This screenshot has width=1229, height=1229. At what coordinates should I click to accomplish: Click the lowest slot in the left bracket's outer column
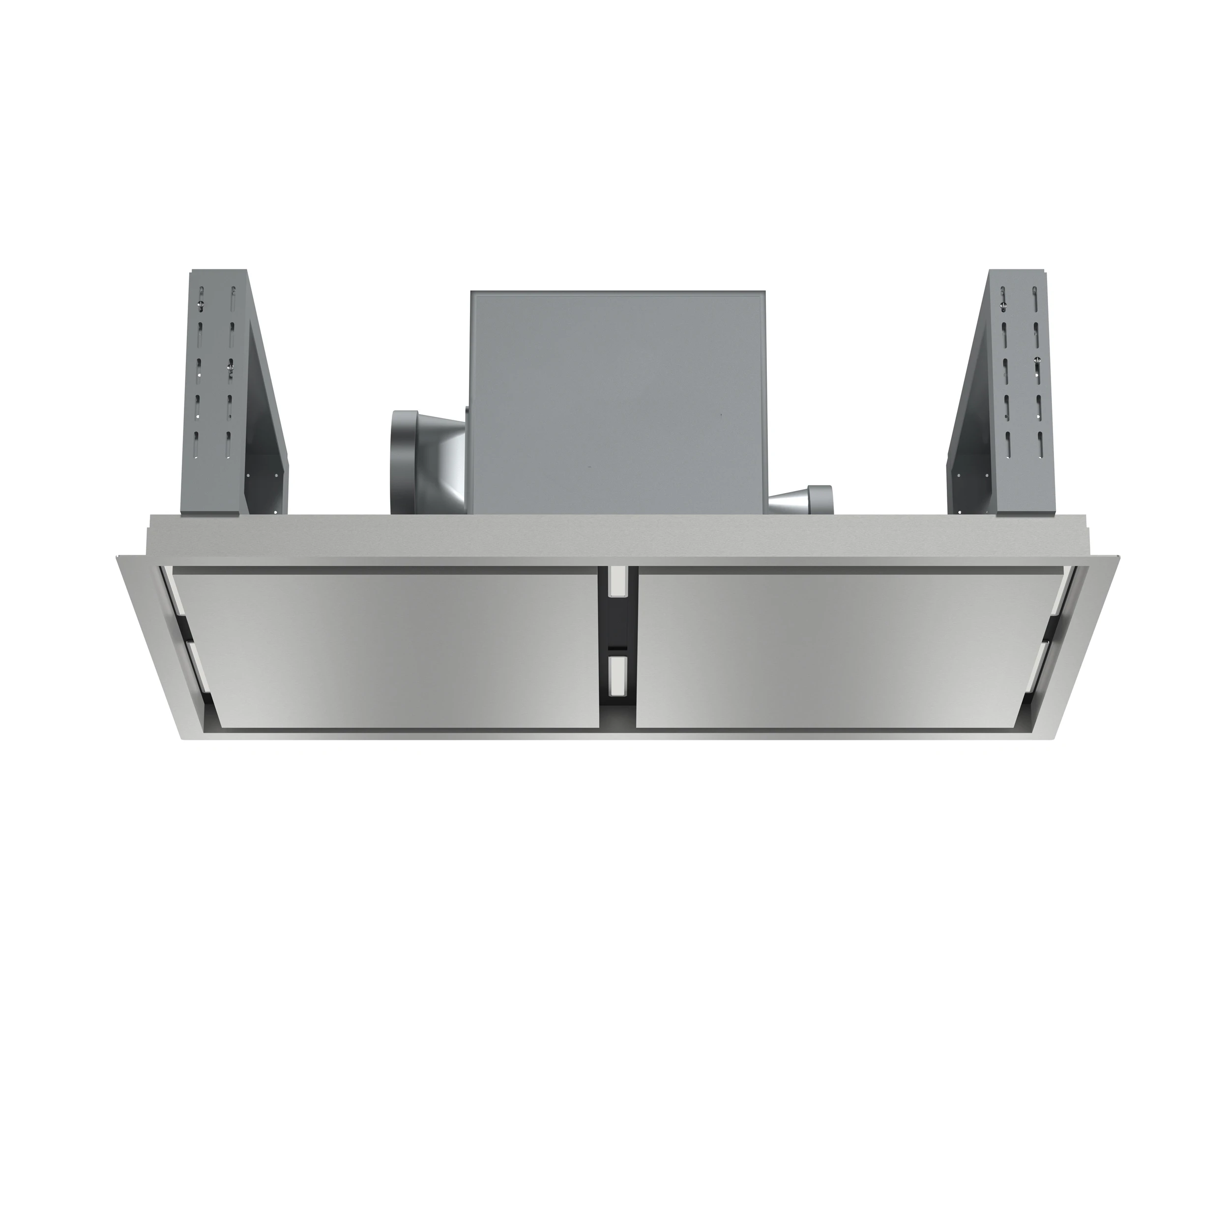click(197, 443)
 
